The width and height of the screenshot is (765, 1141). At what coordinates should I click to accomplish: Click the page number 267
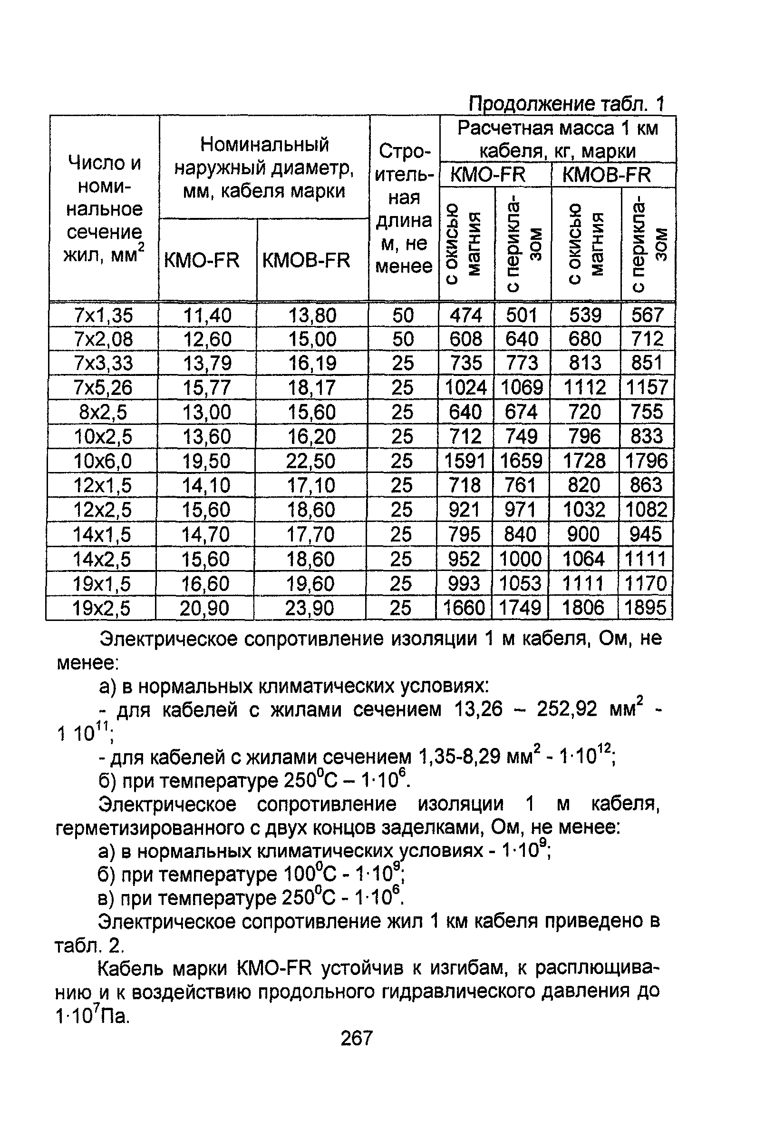(x=357, y=1037)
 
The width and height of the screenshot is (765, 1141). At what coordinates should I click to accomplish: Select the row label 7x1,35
(x=104, y=315)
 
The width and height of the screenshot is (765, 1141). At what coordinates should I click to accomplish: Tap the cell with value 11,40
(x=207, y=315)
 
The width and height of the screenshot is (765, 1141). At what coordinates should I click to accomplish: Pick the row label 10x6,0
(x=102, y=461)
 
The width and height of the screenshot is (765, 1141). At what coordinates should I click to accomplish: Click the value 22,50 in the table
(x=311, y=461)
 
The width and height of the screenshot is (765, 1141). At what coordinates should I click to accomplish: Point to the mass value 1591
(x=465, y=461)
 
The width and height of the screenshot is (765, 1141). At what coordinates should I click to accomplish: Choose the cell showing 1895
(x=645, y=608)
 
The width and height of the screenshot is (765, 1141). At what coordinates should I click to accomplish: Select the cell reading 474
(x=466, y=315)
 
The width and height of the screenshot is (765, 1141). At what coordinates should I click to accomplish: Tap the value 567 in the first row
(x=648, y=315)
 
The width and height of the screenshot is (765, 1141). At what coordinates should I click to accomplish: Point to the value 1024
(x=466, y=388)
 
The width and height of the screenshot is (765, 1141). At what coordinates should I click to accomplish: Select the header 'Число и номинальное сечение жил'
(x=105, y=209)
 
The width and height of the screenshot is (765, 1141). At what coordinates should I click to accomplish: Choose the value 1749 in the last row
(x=520, y=608)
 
